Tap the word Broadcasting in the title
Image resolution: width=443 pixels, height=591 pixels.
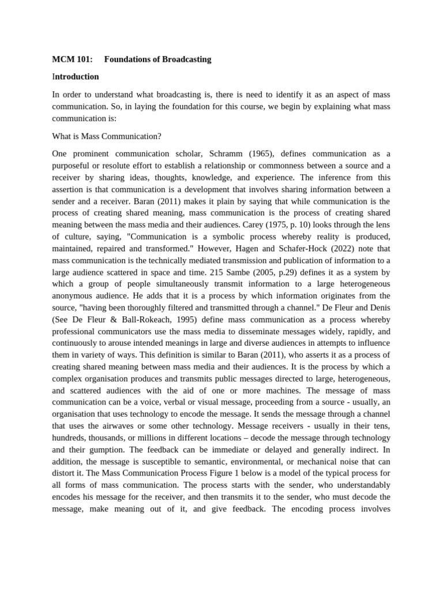pyautogui.click(x=186, y=59)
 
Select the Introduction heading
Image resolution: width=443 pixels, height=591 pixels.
pyautogui.click(x=75, y=76)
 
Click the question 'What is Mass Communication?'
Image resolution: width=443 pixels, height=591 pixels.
pyautogui.click(x=107, y=136)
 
